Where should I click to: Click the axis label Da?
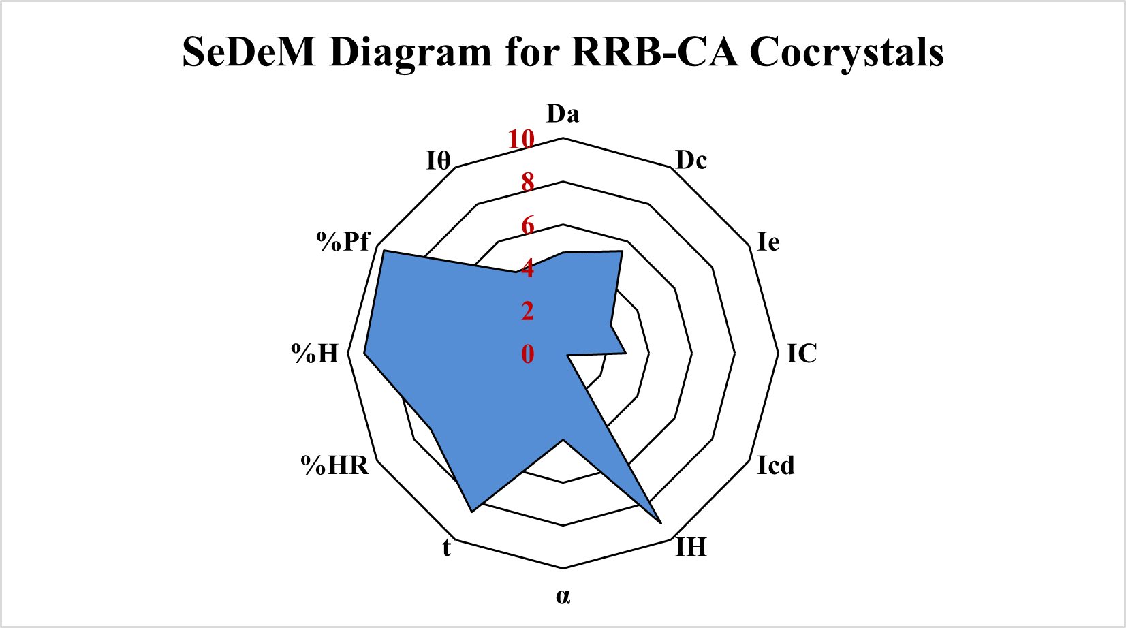[563, 114]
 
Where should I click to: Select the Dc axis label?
[691, 160]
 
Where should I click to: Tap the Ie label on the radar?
[768, 242]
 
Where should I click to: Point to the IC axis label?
[802, 354]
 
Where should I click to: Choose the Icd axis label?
[776, 465]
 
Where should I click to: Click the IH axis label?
[691, 547]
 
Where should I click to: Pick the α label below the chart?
[563, 596]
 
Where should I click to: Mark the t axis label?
[446, 547]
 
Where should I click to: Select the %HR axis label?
[334, 465]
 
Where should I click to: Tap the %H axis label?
[315, 354]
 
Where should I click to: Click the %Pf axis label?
[343, 241]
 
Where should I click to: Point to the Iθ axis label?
[439, 161]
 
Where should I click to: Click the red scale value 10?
[521, 140]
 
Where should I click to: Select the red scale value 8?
[527, 183]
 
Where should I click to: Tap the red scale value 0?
[527, 354]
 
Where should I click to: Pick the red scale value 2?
[527, 311]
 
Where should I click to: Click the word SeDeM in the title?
[249, 52]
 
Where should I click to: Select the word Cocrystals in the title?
[847, 52]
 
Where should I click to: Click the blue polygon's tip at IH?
[661, 522]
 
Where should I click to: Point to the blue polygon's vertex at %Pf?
[384, 251]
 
